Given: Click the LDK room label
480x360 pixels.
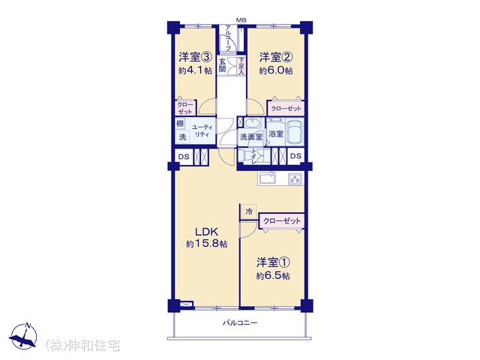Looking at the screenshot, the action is tap(206, 231).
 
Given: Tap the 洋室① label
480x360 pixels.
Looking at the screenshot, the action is tap(273, 262).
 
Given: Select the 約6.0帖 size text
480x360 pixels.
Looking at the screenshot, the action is tap(276, 71).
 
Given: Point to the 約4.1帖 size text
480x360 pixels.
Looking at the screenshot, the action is tap(195, 70).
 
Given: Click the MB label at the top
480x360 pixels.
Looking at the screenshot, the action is tap(241, 20).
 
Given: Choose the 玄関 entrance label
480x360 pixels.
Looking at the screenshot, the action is tap(222, 65).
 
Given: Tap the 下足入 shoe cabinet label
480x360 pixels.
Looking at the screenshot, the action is tap(241, 66).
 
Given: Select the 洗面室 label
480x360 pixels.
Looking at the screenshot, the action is tap(251, 136).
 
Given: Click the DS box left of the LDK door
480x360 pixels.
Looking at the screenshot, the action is tap(184, 157).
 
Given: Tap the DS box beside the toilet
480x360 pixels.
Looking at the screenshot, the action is tap(295, 156).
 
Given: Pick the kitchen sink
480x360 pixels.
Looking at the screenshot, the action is tap(267, 178).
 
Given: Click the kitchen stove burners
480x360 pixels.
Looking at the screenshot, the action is tap(295, 179).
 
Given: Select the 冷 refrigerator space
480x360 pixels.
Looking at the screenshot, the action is tap(249, 211).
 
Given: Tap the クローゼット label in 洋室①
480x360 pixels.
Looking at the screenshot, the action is tap(282, 220).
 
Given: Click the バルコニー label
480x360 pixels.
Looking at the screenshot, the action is tap(240, 322).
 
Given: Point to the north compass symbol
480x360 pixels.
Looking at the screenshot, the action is tap(23, 336).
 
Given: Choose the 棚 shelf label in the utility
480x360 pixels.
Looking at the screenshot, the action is tap(180, 123).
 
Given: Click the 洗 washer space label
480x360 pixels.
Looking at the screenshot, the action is tap(182, 136).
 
